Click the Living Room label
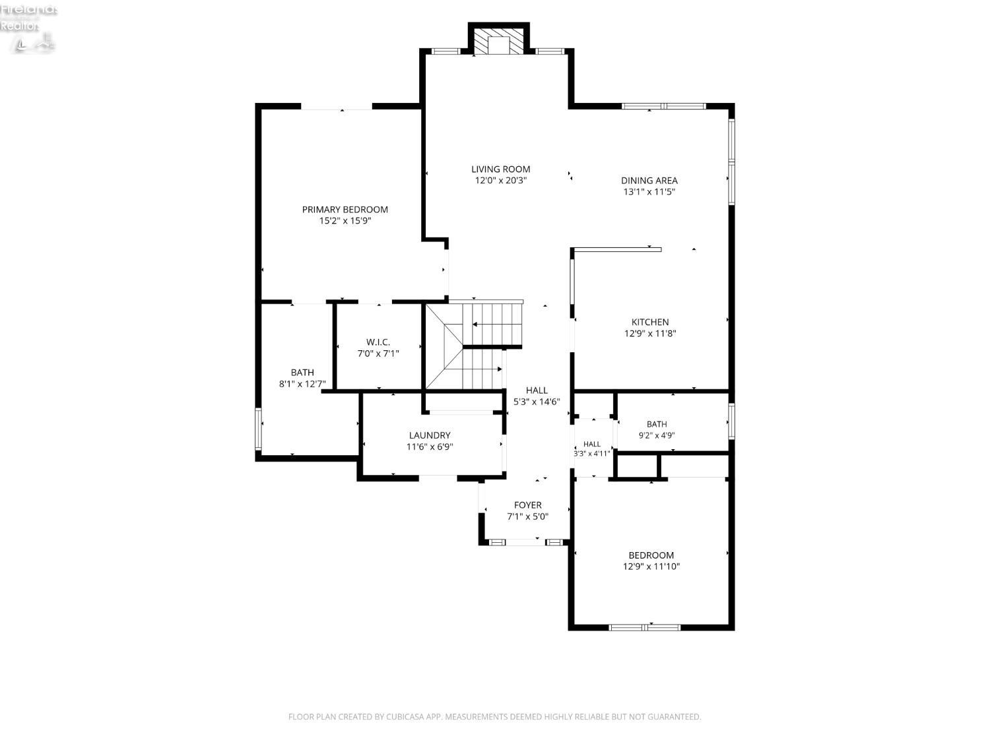click(500, 169)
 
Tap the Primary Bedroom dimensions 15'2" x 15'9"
click(345, 221)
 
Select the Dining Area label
click(649, 180)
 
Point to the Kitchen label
click(649, 322)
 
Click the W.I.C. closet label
click(378, 342)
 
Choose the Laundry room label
click(430, 435)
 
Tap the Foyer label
click(528, 505)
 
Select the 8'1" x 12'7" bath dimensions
click(302, 384)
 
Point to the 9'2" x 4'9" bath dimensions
click(656, 435)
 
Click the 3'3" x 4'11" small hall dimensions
click(592, 453)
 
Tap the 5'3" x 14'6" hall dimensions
click(537, 402)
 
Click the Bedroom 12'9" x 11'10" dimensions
click(651, 567)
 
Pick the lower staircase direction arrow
click(482, 369)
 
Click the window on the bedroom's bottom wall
click(644, 627)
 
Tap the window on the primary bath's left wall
click(258, 429)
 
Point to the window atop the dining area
click(663, 106)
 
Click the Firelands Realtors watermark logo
click(28, 26)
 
